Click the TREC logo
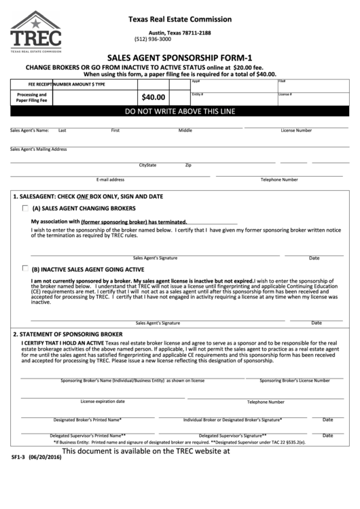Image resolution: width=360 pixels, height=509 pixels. [x=35, y=31]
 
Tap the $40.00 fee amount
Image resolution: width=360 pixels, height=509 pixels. [x=154, y=97]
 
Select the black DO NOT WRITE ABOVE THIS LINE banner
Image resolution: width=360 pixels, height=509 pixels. [x=180, y=111]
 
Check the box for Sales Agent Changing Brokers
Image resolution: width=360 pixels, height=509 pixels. [x=25, y=208]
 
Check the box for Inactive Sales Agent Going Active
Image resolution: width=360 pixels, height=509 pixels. [x=25, y=268]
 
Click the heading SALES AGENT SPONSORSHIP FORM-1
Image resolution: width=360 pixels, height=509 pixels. [x=179, y=59]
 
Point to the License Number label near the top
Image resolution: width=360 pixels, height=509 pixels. [x=296, y=130]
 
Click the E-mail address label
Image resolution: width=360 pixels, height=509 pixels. [x=110, y=179]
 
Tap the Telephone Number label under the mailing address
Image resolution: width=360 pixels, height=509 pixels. [x=279, y=179]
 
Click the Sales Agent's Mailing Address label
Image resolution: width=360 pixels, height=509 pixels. [x=38, y=148]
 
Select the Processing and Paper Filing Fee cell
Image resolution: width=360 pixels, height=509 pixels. [x=31, y=97]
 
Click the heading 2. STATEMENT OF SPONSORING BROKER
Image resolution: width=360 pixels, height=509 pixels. [x=68, y=334]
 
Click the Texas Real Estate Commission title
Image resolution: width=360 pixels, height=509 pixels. [x=179, y=20]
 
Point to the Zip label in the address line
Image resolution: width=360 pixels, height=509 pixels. [x=188, y=165]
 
